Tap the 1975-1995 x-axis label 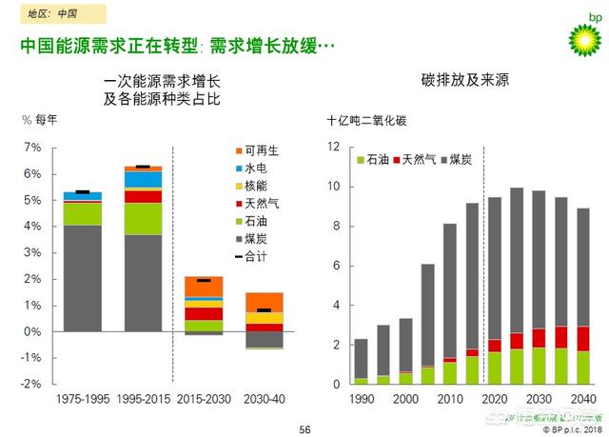pyautogui.click(x=84, y=398)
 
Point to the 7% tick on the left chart pyautogui.click(x=33, y=148)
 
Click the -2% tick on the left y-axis pyautogui.click(x=31, y=384)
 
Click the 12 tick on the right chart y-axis pyautogui.click(x=333, y=147)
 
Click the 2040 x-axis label pyautogui.click(x=582, y=398)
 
